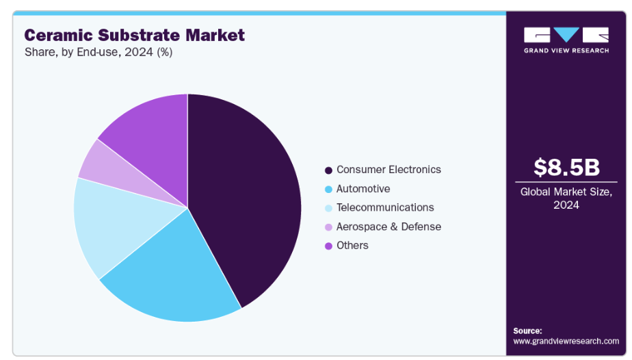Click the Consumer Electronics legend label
(x=389, y=170)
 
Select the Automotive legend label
(x=363, y=189)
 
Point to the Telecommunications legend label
(x=385, y=207)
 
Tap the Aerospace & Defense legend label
(x=389, y=227)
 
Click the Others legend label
(x=352, y=245)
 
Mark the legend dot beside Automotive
(x=329, y=189)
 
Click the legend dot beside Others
(x=329, y=246)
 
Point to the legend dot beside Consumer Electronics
(x=329, y=170)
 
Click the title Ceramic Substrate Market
(x=134, y=35)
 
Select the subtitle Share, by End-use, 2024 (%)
(x=98, y=52)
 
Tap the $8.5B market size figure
(x=566, y=168)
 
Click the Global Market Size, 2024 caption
(x=566, y=198)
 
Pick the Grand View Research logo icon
(x=566, y=35)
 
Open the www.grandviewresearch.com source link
(x=566, y=341)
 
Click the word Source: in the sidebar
(x=527, y=331)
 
